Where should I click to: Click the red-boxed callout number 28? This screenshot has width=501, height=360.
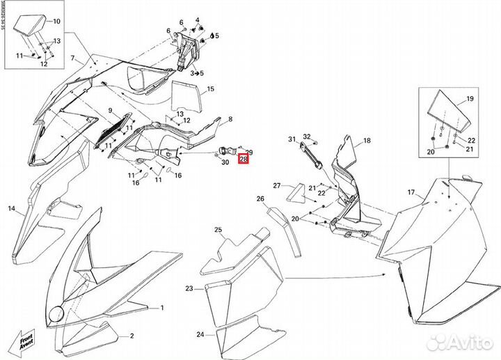coord(243,159)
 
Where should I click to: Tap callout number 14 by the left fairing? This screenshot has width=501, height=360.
coord(12,208)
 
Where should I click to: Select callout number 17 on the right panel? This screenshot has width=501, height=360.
coord(411,191)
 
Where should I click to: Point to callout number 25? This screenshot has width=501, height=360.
coord(218,230)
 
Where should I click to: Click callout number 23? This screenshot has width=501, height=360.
coord(189,288)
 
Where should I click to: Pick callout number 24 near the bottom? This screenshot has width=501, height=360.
coord(200,334)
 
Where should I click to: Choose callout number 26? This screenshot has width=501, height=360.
coord(261,198)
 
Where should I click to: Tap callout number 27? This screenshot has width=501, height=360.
coord(276,186)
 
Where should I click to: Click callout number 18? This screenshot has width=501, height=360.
coord(367,140)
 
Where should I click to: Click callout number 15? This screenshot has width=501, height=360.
coord(210,89)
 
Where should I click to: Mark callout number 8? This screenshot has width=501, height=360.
coord(230,120)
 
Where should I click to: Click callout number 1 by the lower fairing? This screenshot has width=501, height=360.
coord(161,307)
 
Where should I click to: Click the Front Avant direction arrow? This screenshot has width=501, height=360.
coord(26,339)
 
